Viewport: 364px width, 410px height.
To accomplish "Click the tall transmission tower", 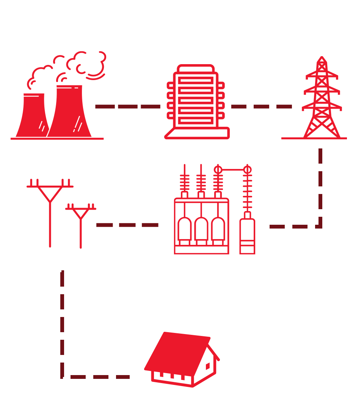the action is coord(322,102).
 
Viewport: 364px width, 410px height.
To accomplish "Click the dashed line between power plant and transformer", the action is coord(127,107).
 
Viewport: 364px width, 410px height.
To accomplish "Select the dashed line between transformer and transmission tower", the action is coord(261,107).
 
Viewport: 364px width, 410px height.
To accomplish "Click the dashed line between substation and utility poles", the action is coord(127,225).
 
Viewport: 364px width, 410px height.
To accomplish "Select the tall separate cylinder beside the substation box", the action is coord(247,235).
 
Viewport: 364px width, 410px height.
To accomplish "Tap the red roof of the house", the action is coord(176,351).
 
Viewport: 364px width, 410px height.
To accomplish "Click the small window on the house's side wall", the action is coord(208,366).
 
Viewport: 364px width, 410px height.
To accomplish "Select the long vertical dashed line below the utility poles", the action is coord(62,323).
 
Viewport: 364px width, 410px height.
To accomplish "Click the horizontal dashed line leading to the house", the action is coord(100,377).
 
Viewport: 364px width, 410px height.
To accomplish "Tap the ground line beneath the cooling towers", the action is coord(57,139).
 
